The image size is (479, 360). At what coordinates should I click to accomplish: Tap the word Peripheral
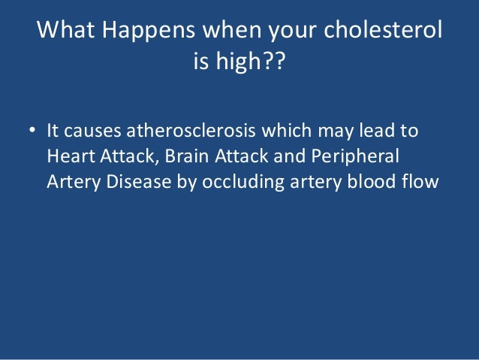(356, 156)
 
